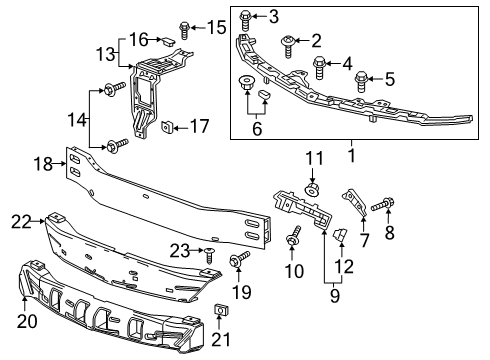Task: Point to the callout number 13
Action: click(x=105, y=51)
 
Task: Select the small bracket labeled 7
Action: click(x=352, y=201)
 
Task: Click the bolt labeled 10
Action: click(x=294, y=238)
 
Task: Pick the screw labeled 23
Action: click(x=209, y=255)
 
